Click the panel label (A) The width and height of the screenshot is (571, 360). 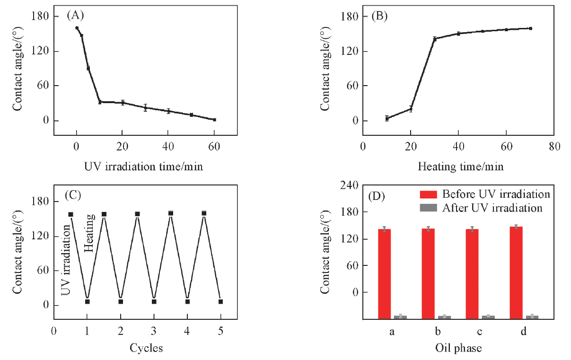pyautogui.click(x=75, y=16)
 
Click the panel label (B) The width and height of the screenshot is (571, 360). pyautogui.click(x=379, y=16)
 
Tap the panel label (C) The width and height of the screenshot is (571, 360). pyautogui.click(x=75, y=194)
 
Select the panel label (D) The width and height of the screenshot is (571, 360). pyautogui.click(x=379, y=195)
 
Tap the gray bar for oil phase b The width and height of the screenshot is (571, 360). pyautogui.click(x=444, y=317)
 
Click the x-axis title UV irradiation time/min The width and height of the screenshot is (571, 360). pyautogui.click(x=144, y=167)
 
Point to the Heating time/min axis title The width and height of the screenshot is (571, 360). pyautogui.click(x=461, y=167)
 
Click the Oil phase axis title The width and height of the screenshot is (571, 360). pyautogui.click(x=458, y=348)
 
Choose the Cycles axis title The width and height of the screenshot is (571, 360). pyautogui.click(x=146, y=348)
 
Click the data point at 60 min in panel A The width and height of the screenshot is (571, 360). pyautogui.click(x=214, y=120)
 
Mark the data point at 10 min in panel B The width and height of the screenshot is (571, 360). pyautogui.click(x=387, y=118)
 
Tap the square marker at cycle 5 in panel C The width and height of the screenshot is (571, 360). pyautogui.click(x=220, y=301)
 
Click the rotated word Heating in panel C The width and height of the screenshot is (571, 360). pyautogui.click(x=90, y=232)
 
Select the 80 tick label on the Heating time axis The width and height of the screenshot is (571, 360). pyautogui.click(x=555, y=146)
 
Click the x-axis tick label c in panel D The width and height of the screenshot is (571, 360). pyautogui.click(x=479, y=332)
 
